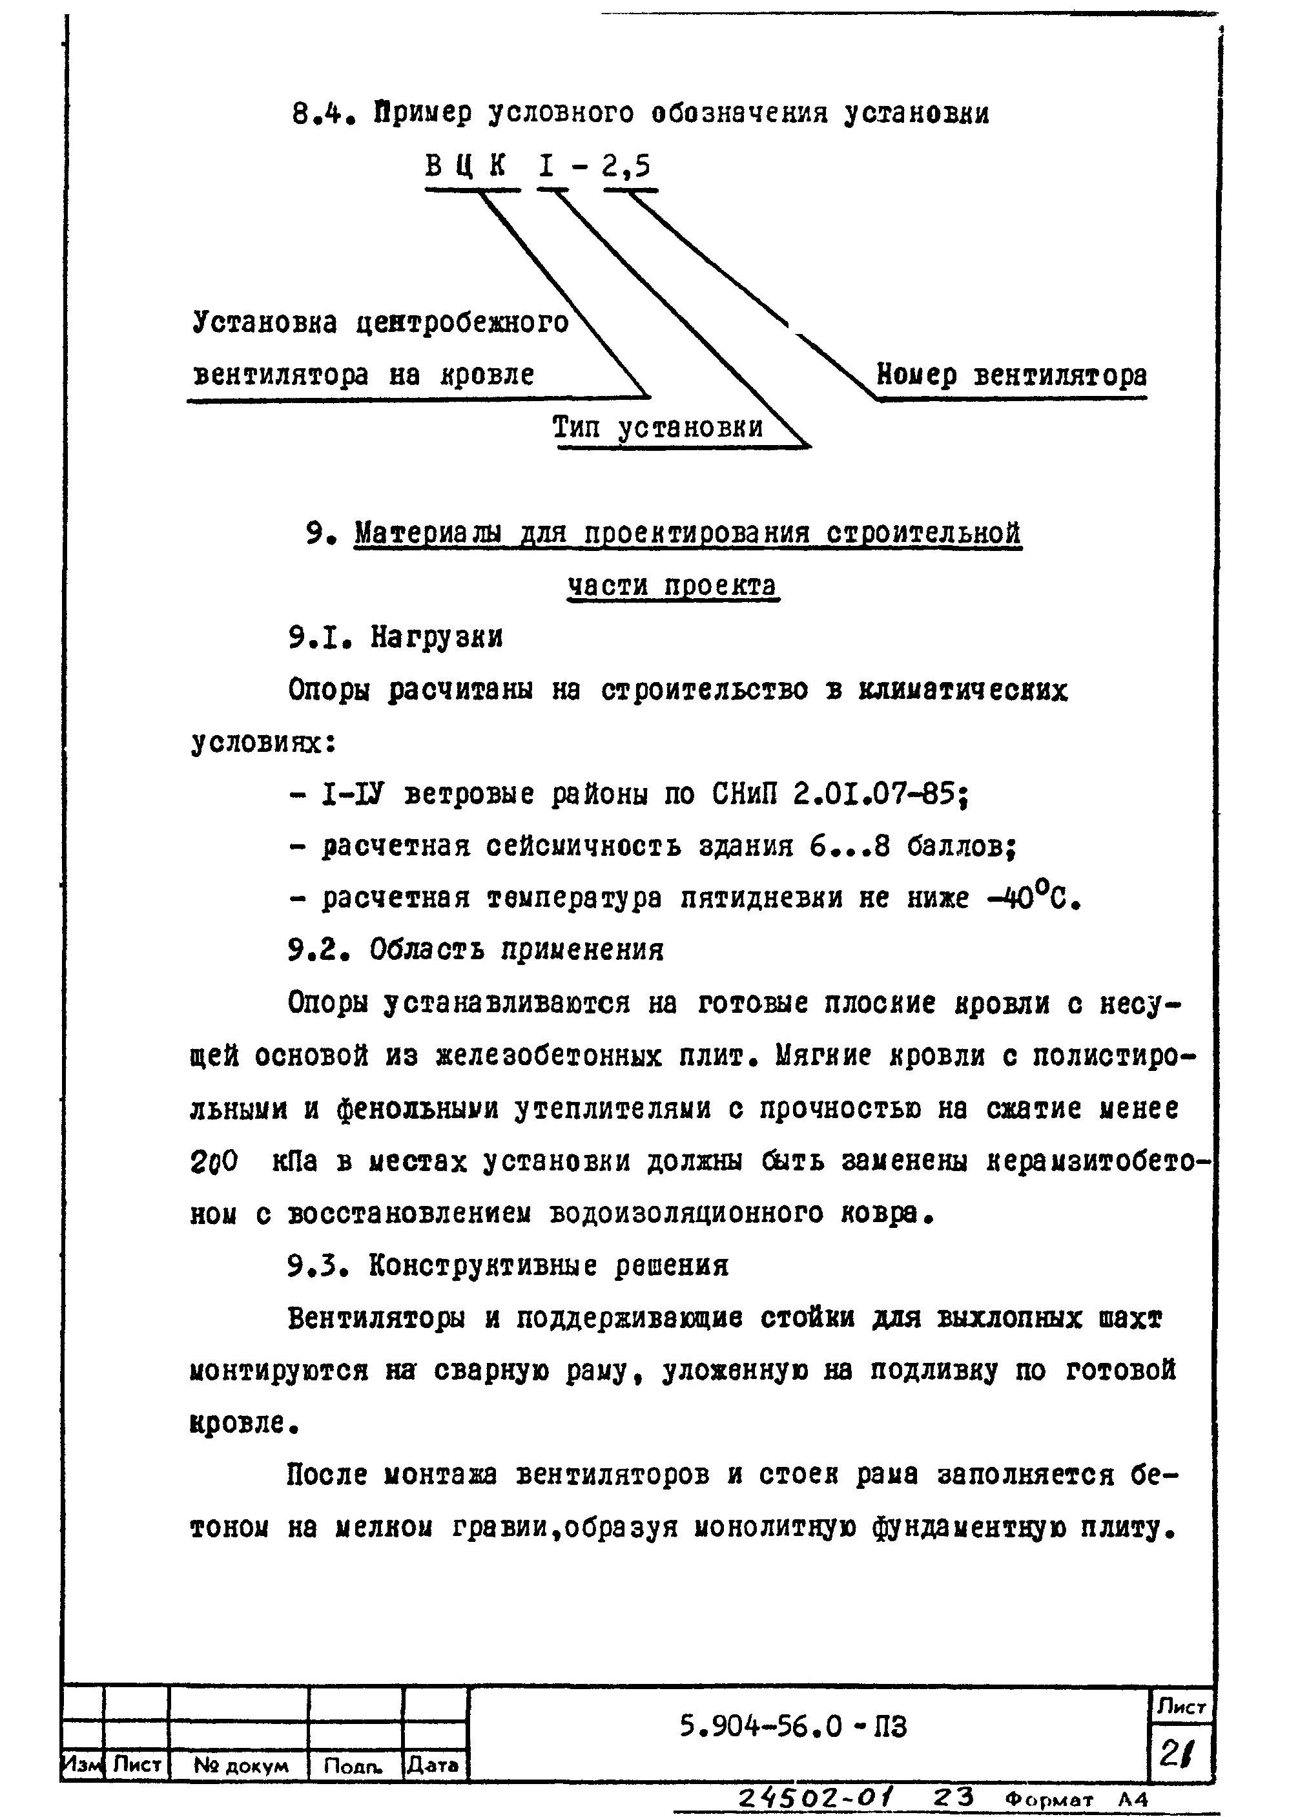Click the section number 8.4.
pos(323,114)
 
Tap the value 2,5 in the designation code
pos(628,167)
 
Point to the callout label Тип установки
pos(657,427)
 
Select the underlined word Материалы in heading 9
pos(429,534)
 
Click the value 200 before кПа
pos(214,1161)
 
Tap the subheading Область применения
pos(516,950)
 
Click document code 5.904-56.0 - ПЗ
pos(792,1727)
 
